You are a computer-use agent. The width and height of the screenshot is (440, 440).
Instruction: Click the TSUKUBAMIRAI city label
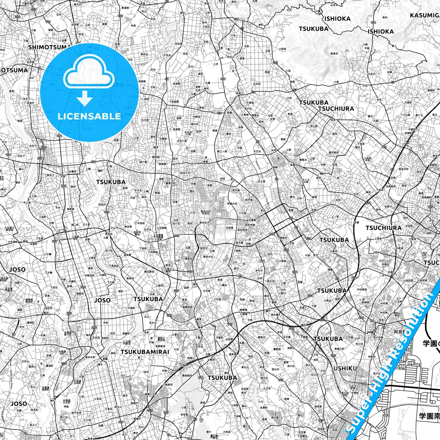[x=145, y=352]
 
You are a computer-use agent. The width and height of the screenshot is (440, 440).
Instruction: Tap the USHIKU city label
[x=345, y=368]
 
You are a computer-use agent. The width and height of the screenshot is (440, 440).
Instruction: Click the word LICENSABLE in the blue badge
[x=89, y=116]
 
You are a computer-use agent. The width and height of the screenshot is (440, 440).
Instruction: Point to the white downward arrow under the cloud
[x=85, y=98]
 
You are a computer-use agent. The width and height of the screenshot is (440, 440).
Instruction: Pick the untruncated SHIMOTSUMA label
[x=49, y=47]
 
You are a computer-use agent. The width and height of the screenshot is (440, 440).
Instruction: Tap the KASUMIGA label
[x=425, y=16]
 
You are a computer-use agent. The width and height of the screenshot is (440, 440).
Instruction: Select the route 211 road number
[x=201, y=378]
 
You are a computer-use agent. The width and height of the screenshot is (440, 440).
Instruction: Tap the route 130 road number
[x=121, y=422]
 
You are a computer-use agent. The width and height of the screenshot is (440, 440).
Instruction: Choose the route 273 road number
[x=322, y=320]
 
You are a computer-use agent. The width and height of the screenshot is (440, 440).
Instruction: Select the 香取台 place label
[x=188, y=258]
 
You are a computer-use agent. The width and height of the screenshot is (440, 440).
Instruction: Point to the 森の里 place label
[x=275, y=418]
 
